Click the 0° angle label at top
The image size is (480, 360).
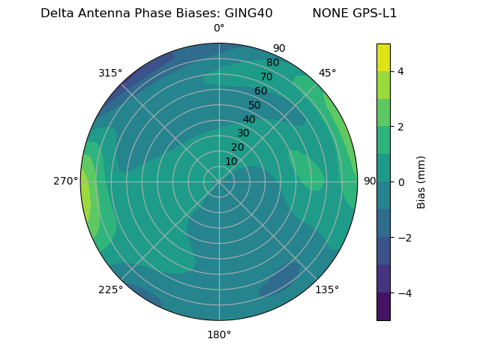point(219,28)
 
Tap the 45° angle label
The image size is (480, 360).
point(327,73)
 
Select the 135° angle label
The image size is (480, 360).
point(327,289)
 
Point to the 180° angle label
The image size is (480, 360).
point(219,334)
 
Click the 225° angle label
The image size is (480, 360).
point(110,289)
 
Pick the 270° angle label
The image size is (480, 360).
point(65,181)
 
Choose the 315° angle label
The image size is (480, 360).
point(110,73)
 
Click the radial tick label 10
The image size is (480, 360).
point(231,161)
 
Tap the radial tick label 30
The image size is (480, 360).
point(243,133)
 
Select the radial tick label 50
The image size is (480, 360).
point(254,105)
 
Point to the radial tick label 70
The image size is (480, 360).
point(266,76)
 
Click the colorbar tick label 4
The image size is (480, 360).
point(401,71)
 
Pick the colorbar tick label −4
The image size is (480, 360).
point(403,293)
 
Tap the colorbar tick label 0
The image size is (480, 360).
point(401,182)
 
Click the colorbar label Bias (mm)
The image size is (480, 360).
point(421,182)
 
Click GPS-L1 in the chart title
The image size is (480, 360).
point(373,13)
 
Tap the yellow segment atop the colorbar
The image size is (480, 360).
point(383,57)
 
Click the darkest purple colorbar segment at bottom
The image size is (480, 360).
point(383,307)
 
